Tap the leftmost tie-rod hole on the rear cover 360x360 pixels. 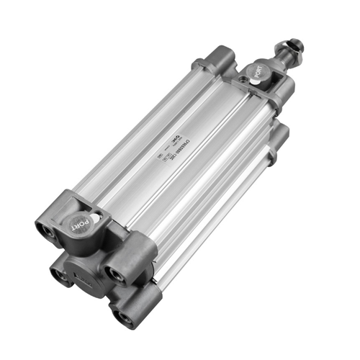45,230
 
